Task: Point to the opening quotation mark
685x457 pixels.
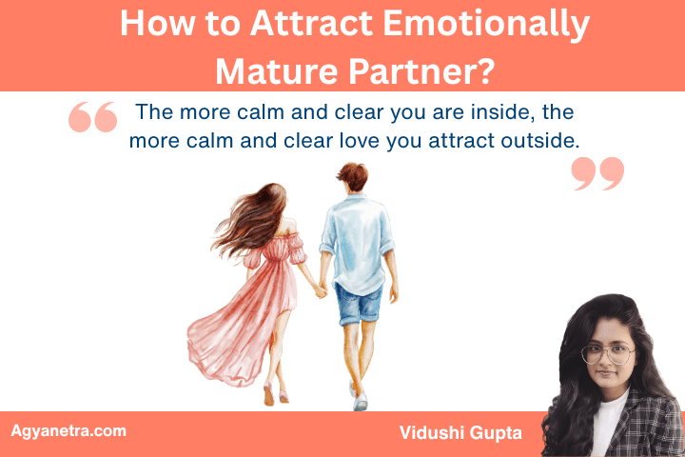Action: click(x=93, y=117)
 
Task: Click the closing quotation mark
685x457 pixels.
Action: click(x=597, y=174)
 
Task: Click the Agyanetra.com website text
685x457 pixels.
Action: click(x=68, y=431)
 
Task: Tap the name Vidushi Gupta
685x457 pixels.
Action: click(x=461, y=432)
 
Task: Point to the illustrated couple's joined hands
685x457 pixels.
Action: click(x=321, y=290)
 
